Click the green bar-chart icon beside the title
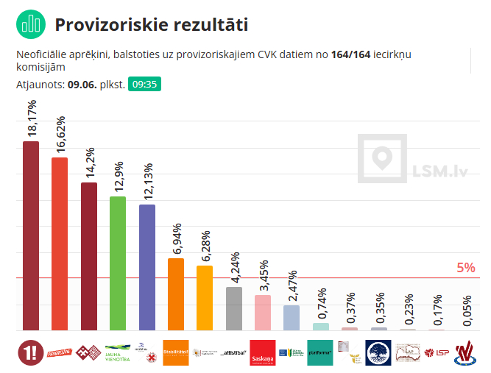point(30,24)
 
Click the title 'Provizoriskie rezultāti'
point(151,25)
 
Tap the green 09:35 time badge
point(144,84)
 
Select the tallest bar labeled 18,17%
point(31,235)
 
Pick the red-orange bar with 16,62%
point(60,244)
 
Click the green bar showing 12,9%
point(118,263)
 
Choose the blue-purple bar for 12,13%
point(147,267)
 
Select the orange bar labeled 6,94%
point(176,294)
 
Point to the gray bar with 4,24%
point(234,308)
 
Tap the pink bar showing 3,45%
point(263,313)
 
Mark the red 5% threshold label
point(466,268)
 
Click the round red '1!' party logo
point(31,352)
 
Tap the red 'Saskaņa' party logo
point(263,352)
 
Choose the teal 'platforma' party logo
point(321,352)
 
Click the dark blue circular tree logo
point(380,352)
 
